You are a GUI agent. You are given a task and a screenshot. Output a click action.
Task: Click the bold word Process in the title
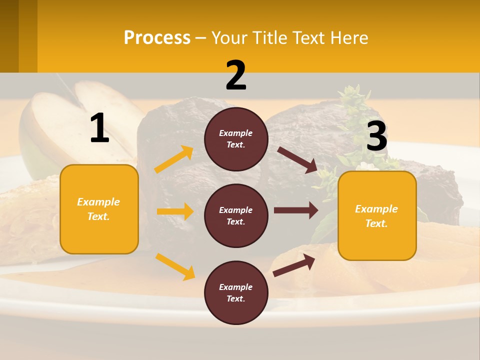pyautogui.click(x=157, y=37)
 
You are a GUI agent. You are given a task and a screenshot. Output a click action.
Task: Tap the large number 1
pyautogui.click(x=99, y=128)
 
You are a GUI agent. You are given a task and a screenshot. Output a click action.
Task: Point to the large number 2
pyautogui.click(x=236, y=75)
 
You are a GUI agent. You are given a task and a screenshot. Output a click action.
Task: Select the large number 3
pyautogui.click(x=377, y=136)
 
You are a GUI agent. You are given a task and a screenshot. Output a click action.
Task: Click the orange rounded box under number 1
pyautogui.click(x=99, y=209)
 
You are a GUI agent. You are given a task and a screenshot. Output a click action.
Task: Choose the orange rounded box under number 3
pyautogui.click(x=377, y=216)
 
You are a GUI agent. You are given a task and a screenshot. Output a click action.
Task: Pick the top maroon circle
pyautogui.click(x=236, y=139)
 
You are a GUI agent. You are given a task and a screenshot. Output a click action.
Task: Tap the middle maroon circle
pyautogui.click(x=236, y=216)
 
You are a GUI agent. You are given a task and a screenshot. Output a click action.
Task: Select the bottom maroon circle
pyautogui.click(x=236, y=293)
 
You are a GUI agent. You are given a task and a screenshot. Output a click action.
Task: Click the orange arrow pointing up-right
pyautogui.click(x=174, y=159)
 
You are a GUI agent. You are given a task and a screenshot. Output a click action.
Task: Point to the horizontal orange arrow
pyautogui.click(x=175, y=211)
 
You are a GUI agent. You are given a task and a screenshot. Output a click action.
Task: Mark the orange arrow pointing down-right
pyautogui.click(x=175, y=266)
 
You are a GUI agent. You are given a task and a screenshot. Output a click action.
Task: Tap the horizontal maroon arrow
pyautogui.click(x=296, y=210)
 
